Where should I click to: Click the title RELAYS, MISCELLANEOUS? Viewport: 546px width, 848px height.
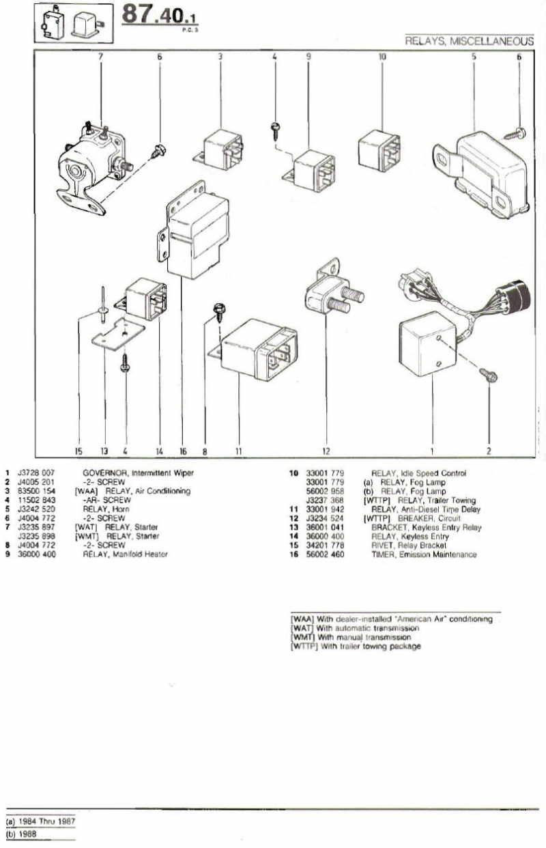point(469,42)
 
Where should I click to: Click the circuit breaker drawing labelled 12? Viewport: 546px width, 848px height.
point(332,290)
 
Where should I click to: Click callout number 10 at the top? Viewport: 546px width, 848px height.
point(382,57)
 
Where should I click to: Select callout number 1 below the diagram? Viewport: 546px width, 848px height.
point(431,451)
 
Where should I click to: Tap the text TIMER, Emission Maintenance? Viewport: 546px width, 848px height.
point(424,554)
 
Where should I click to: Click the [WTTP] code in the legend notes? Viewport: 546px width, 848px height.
point(302,646)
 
